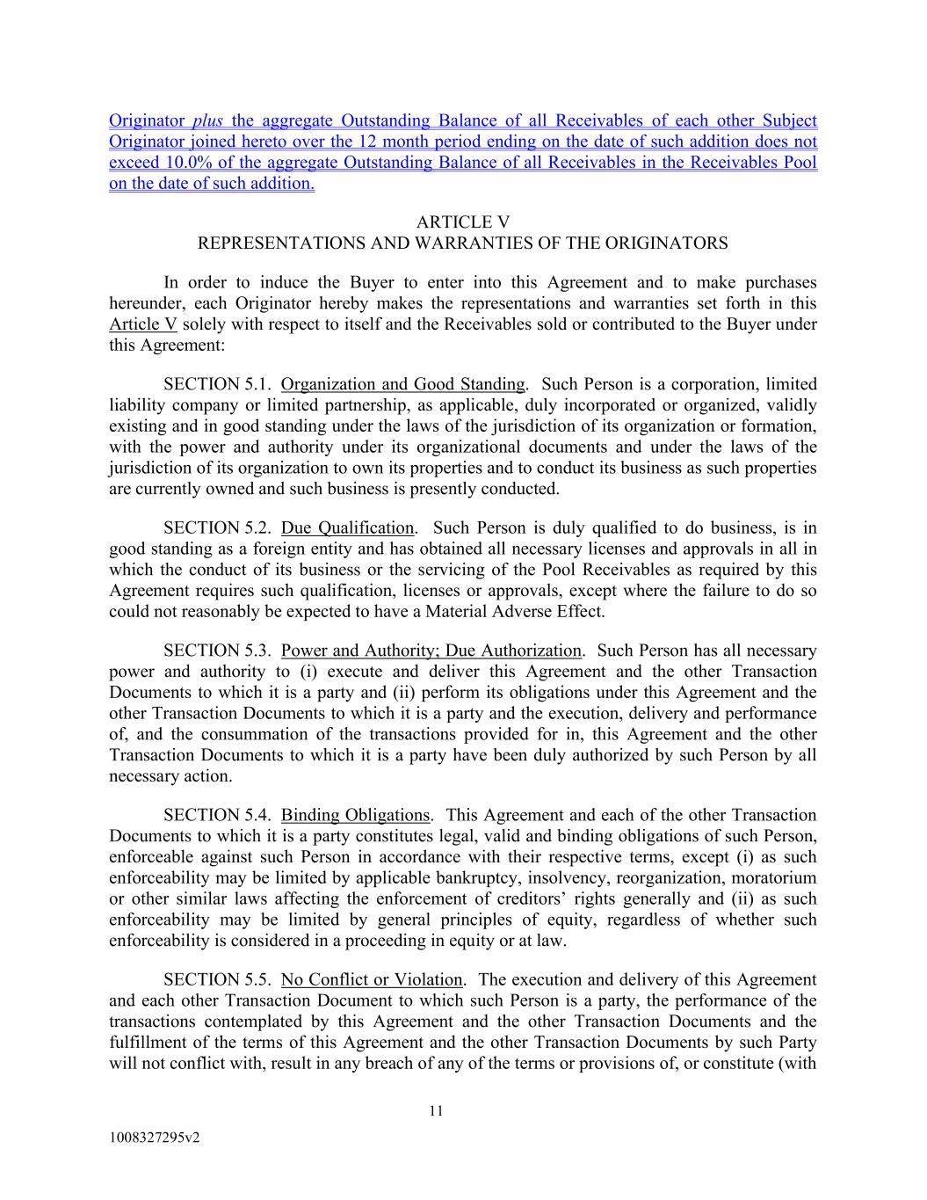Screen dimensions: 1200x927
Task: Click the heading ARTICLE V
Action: (462, 222)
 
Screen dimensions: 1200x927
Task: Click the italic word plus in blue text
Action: (207, 120)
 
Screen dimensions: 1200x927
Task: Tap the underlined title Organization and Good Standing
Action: (402, 384)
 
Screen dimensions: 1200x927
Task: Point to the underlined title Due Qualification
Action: (347, 527)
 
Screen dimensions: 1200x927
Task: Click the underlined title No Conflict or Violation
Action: (371, 979)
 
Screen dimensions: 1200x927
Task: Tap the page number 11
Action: (437, 1110)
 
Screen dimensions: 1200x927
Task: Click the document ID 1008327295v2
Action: (155, 1138)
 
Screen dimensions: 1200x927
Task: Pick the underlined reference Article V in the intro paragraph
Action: (143, 324)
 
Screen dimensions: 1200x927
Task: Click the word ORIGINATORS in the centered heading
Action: (676, 244)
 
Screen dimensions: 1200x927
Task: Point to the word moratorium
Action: (774, 877)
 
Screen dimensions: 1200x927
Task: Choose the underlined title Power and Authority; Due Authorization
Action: (431, 651)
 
